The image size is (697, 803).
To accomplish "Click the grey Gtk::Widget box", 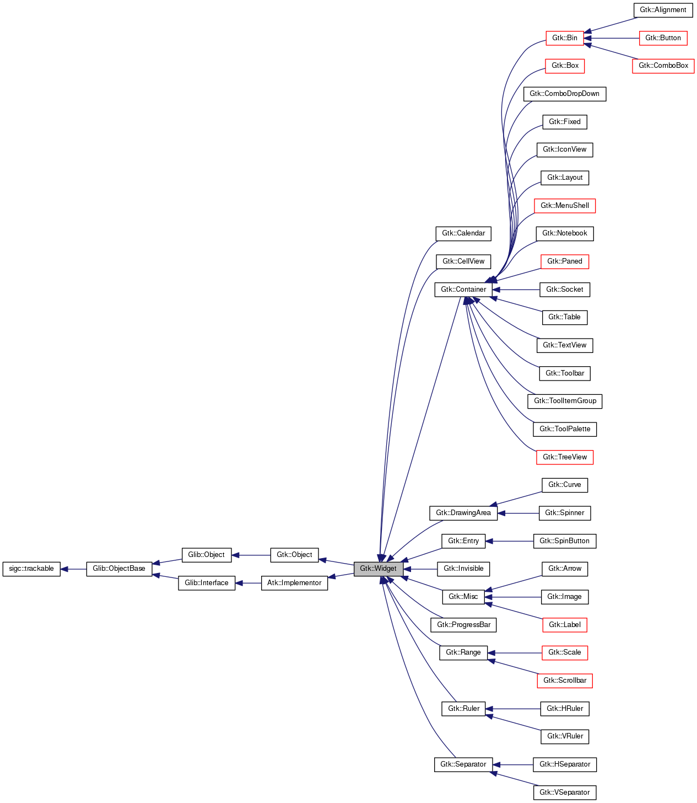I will click(378, 569).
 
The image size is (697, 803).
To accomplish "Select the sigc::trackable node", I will click(31, 569).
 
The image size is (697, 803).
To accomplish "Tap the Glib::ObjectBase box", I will click(119, 569).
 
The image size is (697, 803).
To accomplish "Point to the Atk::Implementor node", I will click(294, 583).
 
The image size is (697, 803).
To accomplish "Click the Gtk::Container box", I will click(463, 290).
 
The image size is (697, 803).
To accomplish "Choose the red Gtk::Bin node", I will click(565, 38).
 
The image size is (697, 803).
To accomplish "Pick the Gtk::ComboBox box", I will click(663, 66).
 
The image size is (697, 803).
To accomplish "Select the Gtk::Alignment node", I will click(663, 10).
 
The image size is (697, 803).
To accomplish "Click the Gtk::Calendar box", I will click(463, 233).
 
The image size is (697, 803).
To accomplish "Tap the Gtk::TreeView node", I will click(565, 457).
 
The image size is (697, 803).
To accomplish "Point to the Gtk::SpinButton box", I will click(565, 541).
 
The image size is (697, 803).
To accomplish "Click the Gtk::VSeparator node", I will click(565, 793).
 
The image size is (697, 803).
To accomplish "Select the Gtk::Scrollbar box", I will click(565, 681).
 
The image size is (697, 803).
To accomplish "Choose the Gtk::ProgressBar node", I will click(463, 625).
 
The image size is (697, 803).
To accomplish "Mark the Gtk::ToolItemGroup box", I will click(565, 401).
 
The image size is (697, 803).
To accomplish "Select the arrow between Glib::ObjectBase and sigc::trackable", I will click(73, 569).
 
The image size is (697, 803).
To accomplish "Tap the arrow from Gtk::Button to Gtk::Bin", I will click(611, 38).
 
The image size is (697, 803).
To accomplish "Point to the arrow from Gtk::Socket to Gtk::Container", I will click(516, 290).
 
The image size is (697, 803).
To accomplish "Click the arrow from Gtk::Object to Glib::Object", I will click(251, 555).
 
